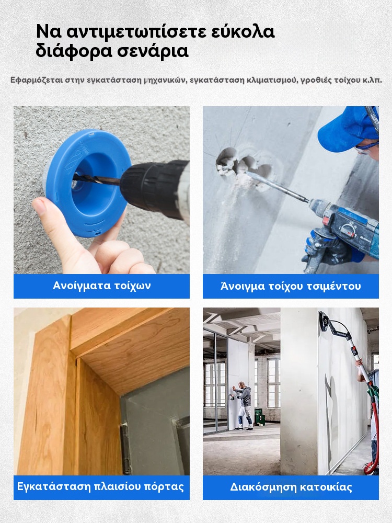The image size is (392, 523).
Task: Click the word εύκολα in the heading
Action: [243, 32]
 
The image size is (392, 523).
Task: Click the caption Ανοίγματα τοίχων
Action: [102, 286]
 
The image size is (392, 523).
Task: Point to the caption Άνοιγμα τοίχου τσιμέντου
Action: [291, 286]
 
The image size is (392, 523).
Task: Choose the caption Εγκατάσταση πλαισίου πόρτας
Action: [100, 486]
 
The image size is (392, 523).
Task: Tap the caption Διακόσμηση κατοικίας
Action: [291, 487]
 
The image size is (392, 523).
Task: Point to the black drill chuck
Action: [150, 188]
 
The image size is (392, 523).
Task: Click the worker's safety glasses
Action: [366, 149]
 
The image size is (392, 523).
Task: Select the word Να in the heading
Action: [49, 32]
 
